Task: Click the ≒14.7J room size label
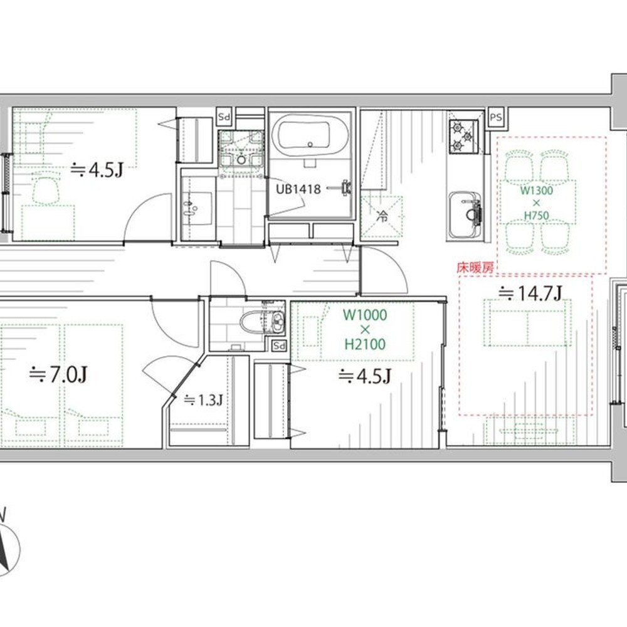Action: point(530,293)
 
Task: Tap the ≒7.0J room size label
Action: point(58,375)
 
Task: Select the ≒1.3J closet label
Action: point(203,400)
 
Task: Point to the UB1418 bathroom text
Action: point(298,189)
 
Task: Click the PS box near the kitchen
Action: point(496,118)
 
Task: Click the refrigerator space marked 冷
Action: point(381,217)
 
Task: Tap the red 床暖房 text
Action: point(475,268)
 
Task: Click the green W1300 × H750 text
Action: point(537,203)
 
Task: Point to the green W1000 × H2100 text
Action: point(365,329)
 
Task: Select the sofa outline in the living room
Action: point(526,323)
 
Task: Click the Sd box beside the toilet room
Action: point(279,345)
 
